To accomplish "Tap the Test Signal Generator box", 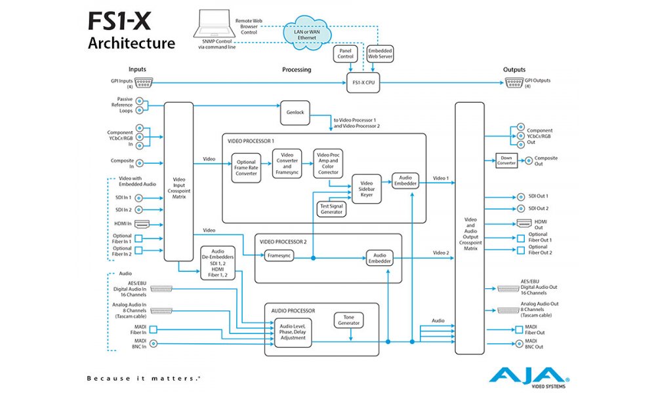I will [x=332, y=208].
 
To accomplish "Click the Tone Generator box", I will [x=348, y=320].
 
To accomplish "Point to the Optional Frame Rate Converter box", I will [x=247, y=166].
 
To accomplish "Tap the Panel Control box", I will [x=345, y=53].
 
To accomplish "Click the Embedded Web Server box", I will [x=380, y=53].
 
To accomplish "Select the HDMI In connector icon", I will [x=142, y=223].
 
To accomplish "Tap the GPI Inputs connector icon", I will [x=142, y=83].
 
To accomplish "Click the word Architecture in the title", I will [x=131, y=44].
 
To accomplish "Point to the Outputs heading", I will [x=514, y=69].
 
